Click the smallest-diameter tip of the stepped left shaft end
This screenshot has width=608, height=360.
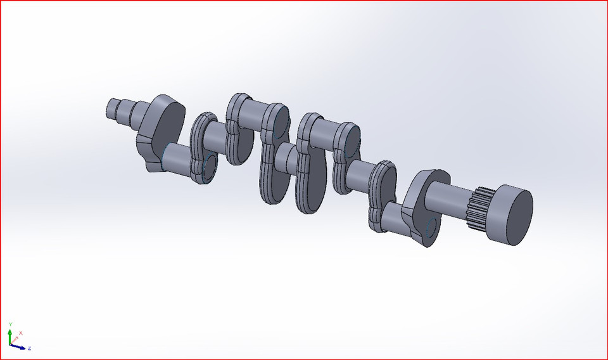coord(111,108)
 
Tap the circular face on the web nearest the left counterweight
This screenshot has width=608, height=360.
coord(210,165)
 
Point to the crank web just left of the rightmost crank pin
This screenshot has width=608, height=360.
coord(380,196)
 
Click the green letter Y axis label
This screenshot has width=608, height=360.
coord(10,325)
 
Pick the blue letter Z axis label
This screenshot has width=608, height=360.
coord(30,349)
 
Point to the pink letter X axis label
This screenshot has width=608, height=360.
coord(21,333)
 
